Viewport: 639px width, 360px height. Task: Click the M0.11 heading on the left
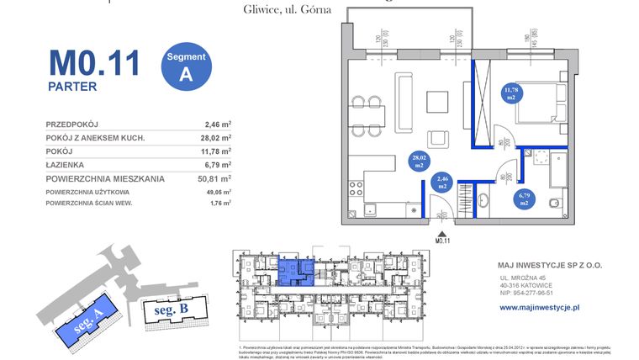[x=93, y=63]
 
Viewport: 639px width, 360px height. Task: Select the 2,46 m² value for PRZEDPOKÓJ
[x=218, y=124]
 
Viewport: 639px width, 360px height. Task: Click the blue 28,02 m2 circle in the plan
[x=417, y=161]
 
